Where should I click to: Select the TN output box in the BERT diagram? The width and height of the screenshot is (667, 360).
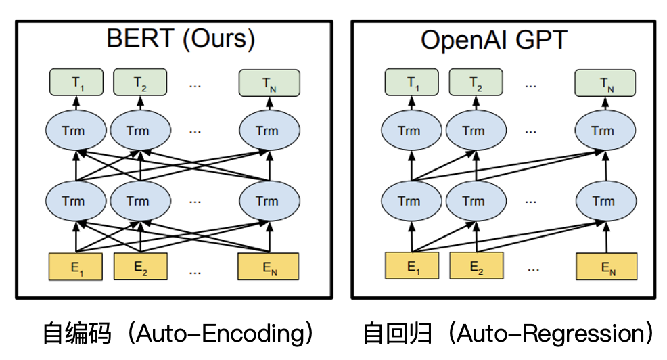[269, 83]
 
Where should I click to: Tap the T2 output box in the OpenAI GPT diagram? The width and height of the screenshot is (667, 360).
[475, 83]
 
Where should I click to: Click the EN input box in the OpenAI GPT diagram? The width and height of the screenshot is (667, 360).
[606, 267]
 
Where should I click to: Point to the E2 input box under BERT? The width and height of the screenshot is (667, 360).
[139, 267]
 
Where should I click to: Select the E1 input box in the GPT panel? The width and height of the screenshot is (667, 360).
[411, 267]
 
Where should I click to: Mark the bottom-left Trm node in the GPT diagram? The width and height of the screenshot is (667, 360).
[409, 201]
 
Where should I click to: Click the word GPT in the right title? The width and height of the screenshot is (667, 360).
[543, 40]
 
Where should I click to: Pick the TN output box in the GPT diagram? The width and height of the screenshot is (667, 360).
[605, 83]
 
